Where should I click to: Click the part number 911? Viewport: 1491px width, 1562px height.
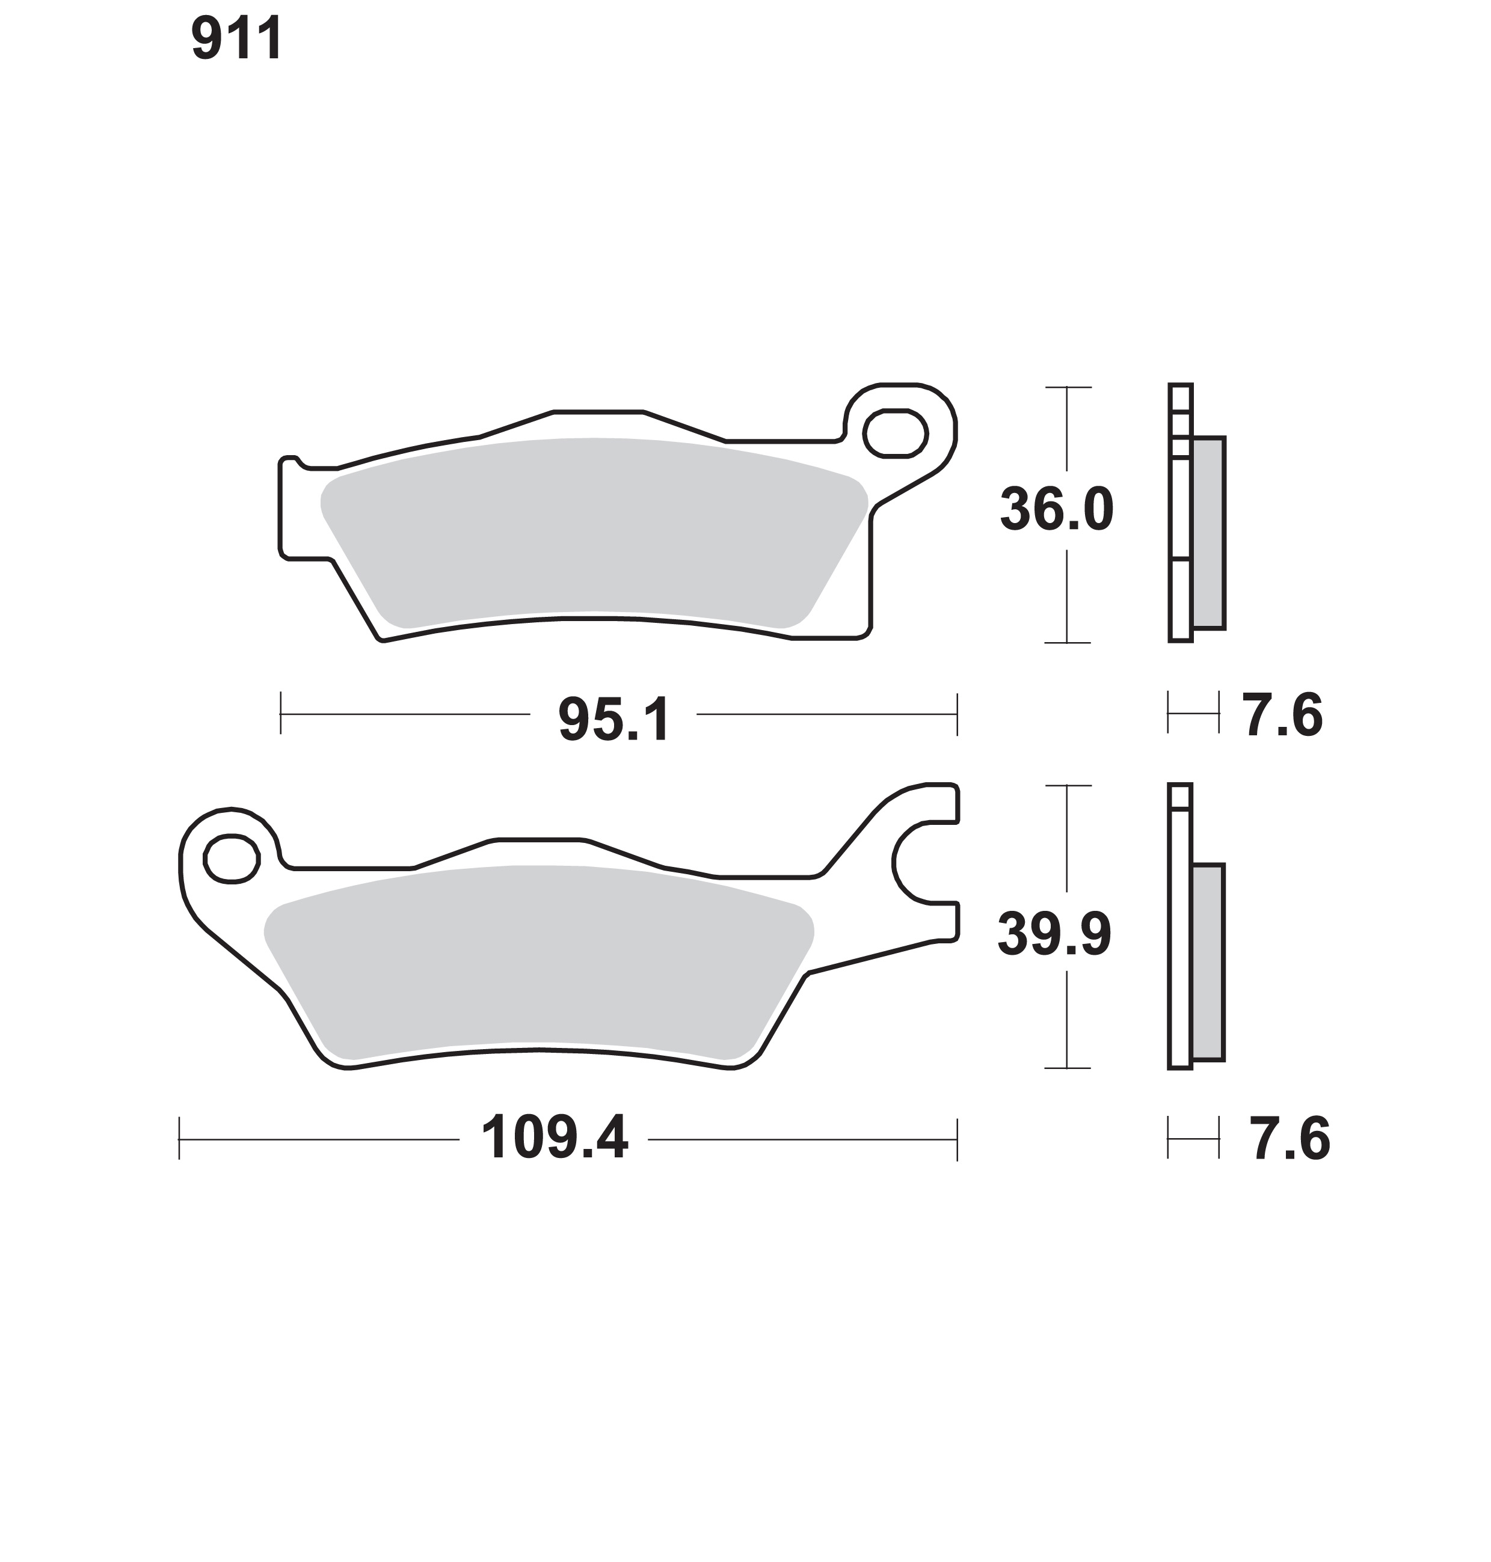click(x=237, y=39)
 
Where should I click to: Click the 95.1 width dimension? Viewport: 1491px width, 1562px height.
click(x=613, y=720)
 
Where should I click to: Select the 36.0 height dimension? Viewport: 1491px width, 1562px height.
click(x=1056, y=509)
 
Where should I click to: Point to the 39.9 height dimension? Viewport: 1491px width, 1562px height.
click(x=1054, y=934)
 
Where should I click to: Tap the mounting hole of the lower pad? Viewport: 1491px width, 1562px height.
click(x=232, y=858)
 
